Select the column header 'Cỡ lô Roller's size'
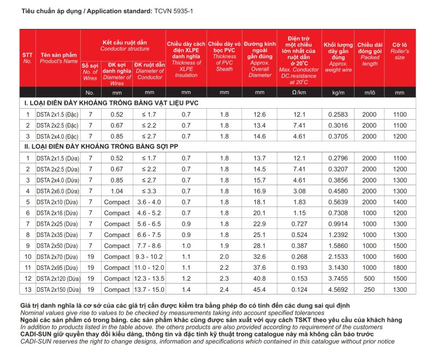399,50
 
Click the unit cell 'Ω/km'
298,92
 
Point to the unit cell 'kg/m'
338,92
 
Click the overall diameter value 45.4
259,290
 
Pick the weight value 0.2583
338,114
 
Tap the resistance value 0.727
298,224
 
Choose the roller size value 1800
399,268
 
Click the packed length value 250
369,290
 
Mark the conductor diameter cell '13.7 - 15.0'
149,290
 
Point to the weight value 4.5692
338,290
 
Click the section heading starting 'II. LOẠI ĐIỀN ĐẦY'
104,146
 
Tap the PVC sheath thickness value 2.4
224,290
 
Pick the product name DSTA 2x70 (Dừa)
56,257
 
